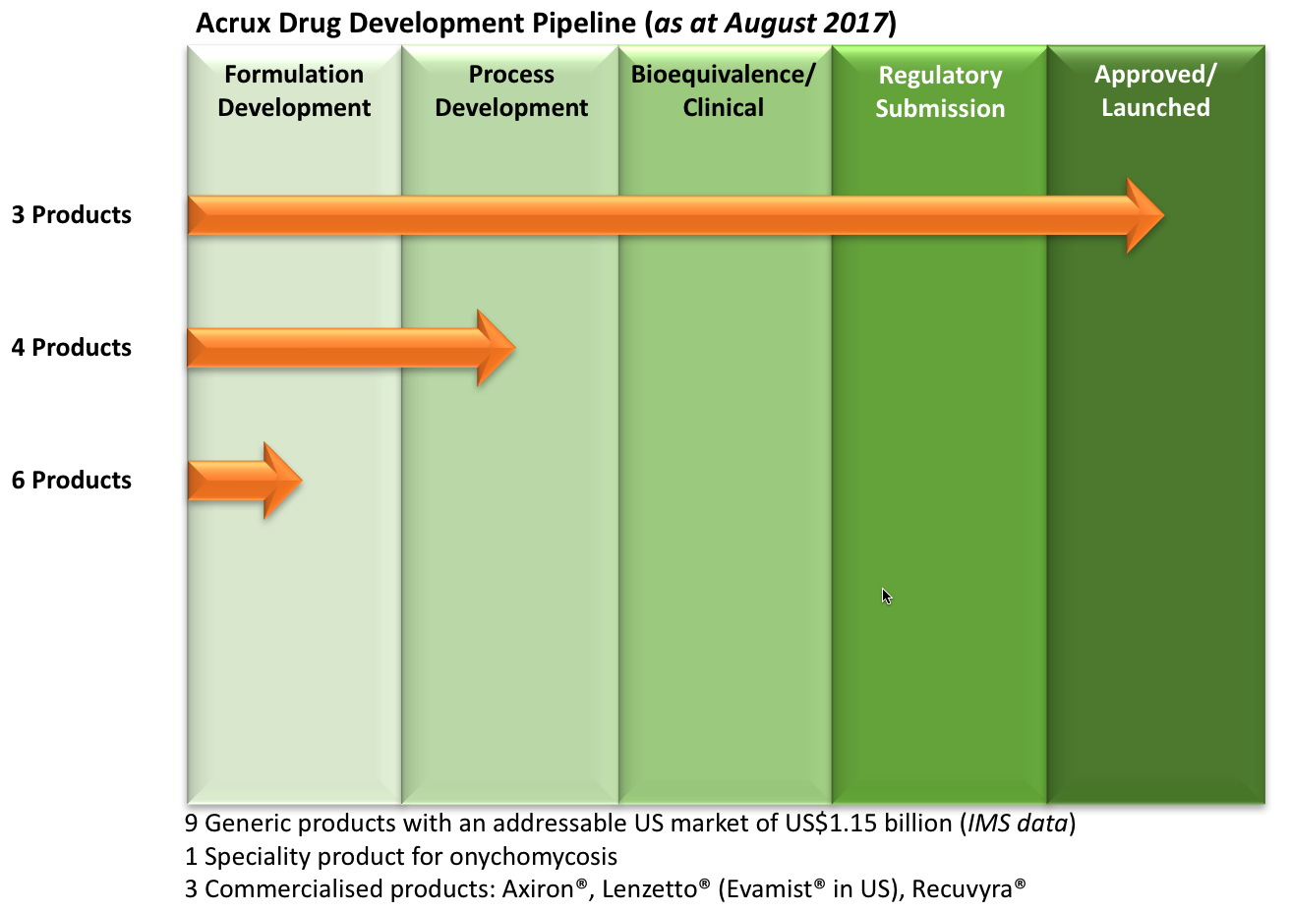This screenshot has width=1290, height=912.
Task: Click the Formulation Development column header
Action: point(294,90)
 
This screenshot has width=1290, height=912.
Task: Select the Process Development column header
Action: point(511,90)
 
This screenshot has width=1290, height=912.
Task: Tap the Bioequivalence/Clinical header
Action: point(724,90)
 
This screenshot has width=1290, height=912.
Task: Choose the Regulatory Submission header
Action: point(940,91)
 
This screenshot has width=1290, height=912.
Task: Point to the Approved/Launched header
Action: point(1155,90)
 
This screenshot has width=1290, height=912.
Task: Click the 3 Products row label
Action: point(72,215)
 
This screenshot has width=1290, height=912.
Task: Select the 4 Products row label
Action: point(72,348)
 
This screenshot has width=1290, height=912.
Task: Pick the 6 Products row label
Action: point(72,481)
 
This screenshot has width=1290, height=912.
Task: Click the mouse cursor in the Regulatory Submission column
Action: point(886,596)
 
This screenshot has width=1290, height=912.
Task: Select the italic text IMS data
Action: point(1017,824)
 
